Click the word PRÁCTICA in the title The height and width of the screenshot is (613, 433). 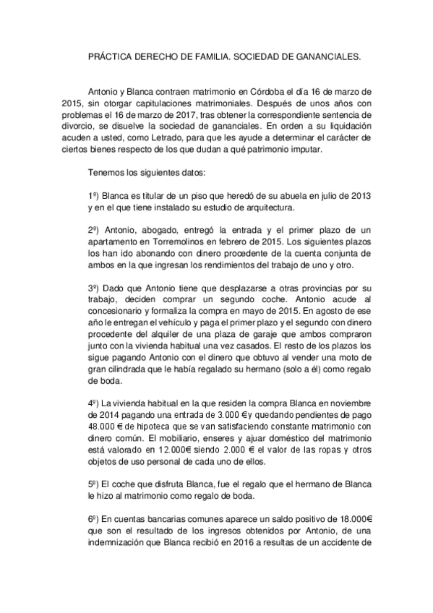point(108,54)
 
